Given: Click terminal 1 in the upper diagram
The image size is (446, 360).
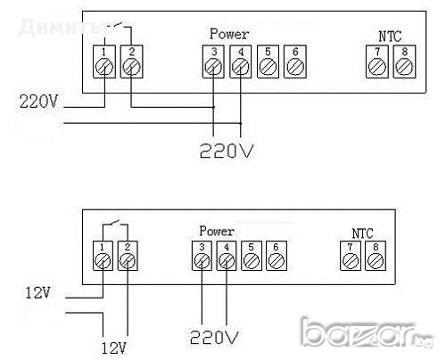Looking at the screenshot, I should [105, 64].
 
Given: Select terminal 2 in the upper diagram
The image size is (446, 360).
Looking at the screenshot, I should [131, 64].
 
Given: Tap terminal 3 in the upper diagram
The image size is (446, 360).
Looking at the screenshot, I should [214, 64].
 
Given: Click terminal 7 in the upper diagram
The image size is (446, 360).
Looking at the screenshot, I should [379, 64].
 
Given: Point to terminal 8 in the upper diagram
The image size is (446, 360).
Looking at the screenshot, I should [406, 64].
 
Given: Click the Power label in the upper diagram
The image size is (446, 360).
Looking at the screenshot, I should [229, 35].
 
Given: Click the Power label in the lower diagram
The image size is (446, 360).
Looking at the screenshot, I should [217, 230].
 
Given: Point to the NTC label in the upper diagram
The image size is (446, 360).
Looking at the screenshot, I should [391, 37].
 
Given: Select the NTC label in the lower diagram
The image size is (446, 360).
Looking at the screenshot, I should [361, 231].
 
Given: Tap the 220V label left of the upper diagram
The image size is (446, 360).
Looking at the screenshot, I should [38, 102].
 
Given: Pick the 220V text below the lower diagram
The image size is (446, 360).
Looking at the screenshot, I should [214, 337].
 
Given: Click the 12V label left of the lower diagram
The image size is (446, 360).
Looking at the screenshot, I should [40, 290].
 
